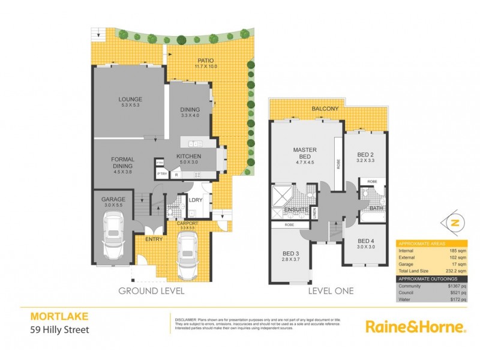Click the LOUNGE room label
[130, 101]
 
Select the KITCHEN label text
[188, 156]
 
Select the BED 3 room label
[290, 253]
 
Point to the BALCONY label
[325, 109]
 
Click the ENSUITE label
[296, 209]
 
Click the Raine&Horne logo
[416, 327]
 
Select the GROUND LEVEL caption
[151, 291]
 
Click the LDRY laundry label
[195, 200]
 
